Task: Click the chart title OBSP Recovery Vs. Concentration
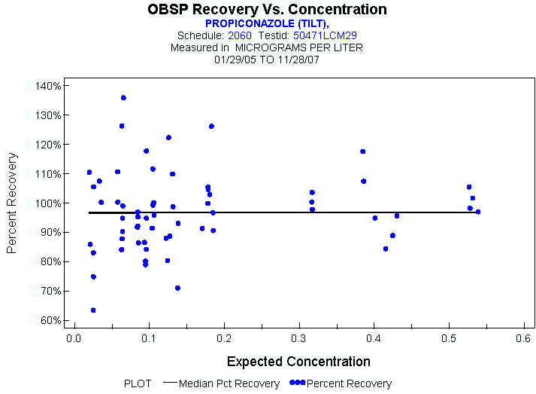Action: tap(268, 10)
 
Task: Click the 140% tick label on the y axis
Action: tap(47, 86)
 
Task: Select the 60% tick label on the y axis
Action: tap(50, 320)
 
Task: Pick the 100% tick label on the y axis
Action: tap(47, 203)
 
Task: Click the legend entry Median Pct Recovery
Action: tap(229, 383)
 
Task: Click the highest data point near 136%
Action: tap(123, 98)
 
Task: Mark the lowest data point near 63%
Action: tap(93, 310)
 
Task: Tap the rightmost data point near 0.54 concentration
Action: tap(477, 212)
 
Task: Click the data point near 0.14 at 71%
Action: tap(177, 288)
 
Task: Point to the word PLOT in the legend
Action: tap(138, 383)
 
